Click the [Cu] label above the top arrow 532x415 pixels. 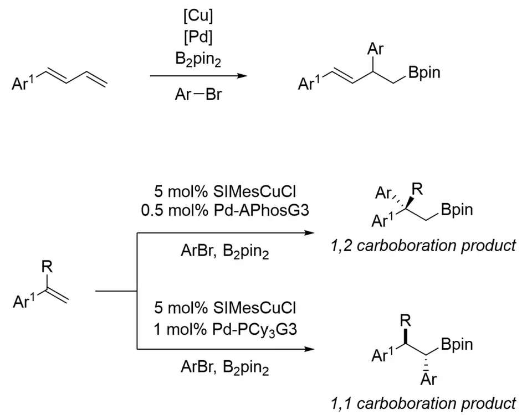[x=198, y=16]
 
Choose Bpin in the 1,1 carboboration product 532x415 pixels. [x=458, y=345]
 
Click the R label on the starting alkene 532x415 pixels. [x=48, y=268]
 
